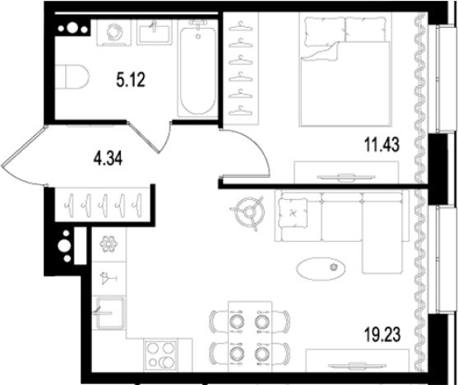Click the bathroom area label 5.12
coord(131,80)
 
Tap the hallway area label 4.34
coord(108,160)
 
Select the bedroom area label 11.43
coord(382,145)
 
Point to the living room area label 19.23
coord(382,335)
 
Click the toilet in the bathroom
coord(72,77)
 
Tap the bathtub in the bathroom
coord(198,67)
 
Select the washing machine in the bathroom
coord(114,33)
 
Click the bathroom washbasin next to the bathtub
coord(155,33)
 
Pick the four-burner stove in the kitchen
coord(160,355)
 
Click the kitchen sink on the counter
coord(109,313)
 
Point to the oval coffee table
coord(321,269)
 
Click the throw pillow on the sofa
coord(293,213)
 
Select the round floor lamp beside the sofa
coord(249,212)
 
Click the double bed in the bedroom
coord(345,70)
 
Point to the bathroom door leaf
coord(144,137)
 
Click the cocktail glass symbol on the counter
coord(108,278)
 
